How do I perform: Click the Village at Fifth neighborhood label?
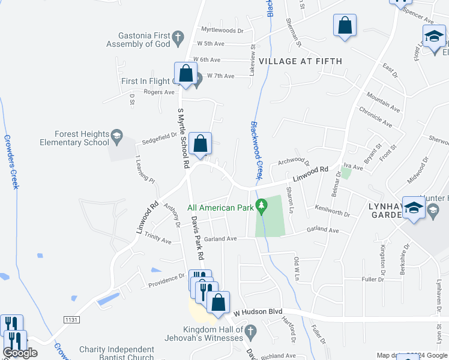pos(300,61)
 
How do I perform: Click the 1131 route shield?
pos(71,320)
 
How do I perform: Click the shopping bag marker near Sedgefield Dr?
pos(200,144)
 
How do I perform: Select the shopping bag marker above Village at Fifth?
pos(345,26)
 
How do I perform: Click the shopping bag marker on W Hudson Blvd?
pos(218,303)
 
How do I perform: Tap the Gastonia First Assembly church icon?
pos(178,39)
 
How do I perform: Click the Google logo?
pos(20,353)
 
